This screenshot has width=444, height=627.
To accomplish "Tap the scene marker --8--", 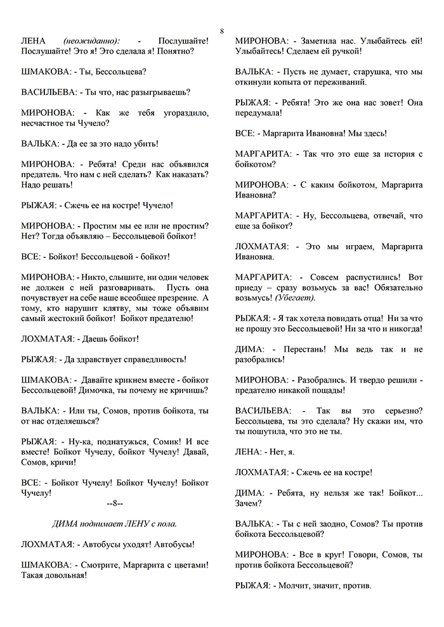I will (x=114, y=503).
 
